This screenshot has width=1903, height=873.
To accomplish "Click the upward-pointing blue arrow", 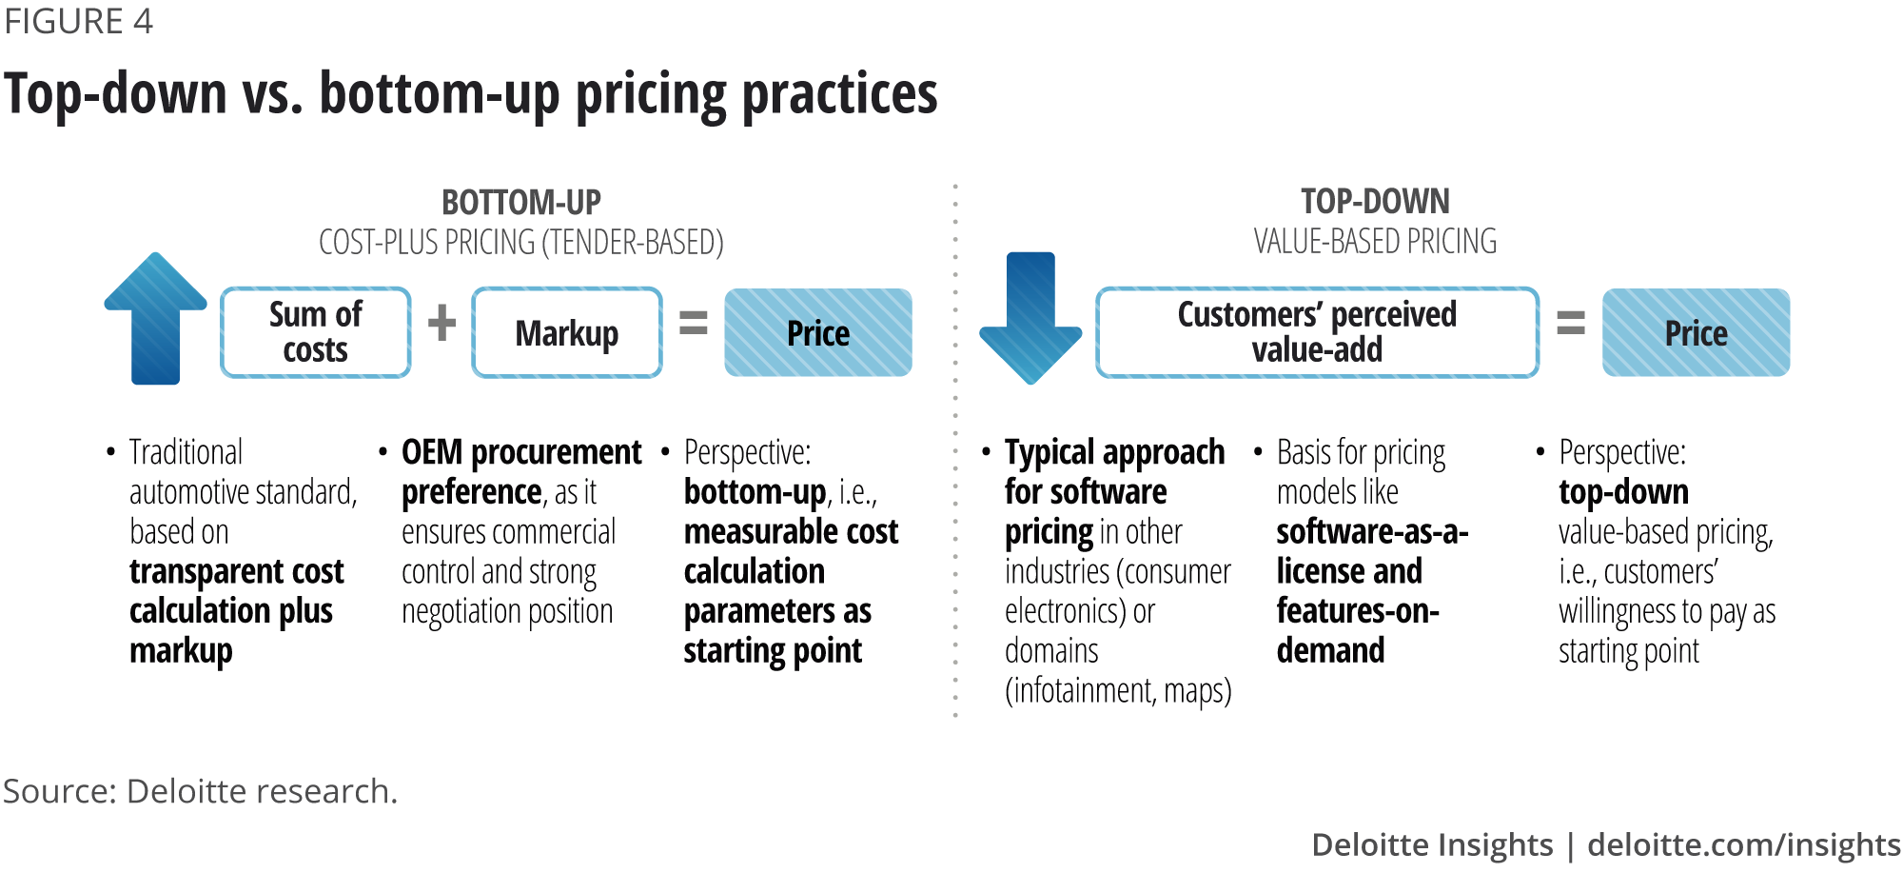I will point(155,318).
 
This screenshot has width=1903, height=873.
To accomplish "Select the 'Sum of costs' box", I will point(316,332).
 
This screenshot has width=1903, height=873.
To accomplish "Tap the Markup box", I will point(567,332).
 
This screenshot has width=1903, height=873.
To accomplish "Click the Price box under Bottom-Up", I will point(818,332).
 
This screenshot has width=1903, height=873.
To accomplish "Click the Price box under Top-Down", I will point(1696,332).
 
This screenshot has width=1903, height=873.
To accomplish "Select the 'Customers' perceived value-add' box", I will point(1317,332).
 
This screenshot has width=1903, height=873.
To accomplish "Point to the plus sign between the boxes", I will point(441,323).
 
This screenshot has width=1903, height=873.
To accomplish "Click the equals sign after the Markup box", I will point(694,323).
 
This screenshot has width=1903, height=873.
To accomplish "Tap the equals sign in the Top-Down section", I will point(1570,323).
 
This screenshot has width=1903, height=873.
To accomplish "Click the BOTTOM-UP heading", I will point(521,203).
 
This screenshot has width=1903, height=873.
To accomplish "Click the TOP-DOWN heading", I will point(1375,202).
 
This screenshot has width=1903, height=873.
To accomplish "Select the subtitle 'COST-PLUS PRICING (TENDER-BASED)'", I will point(521,243).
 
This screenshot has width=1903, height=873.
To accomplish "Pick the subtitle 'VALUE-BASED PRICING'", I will point(1375,242).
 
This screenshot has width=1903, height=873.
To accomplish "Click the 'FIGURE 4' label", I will point(78,21).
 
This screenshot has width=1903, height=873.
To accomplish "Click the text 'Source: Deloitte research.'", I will point(200,791).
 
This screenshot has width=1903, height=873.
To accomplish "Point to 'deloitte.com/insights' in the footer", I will point(1743,844).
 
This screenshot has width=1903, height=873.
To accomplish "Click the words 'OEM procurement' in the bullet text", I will point(521,452).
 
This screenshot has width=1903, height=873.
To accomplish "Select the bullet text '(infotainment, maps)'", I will point(1118,691).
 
